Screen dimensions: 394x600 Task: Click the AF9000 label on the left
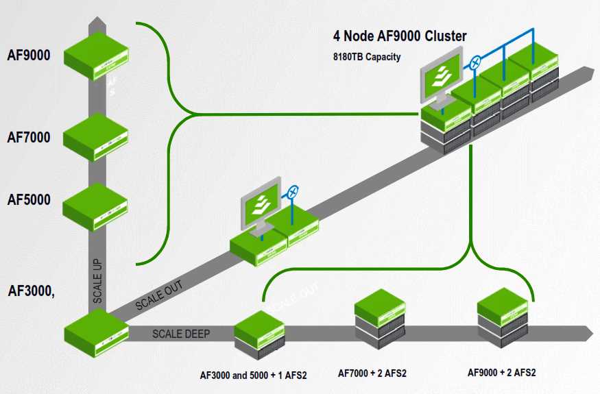29,55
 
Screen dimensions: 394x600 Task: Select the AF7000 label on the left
29,138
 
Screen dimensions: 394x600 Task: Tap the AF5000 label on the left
29,199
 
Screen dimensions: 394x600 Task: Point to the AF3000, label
32,290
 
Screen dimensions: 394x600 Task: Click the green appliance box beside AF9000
96,56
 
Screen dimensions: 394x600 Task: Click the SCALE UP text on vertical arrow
98,281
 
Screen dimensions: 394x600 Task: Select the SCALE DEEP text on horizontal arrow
181,334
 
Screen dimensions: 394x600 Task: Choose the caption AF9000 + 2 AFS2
501,373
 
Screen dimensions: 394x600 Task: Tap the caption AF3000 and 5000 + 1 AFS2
253,375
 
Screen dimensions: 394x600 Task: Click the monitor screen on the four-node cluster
439,79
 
